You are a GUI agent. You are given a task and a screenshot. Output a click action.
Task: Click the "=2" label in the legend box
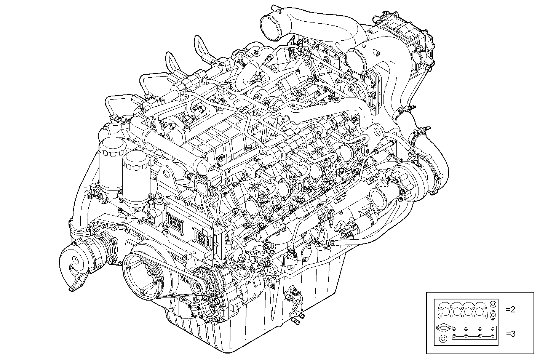click(x=510, y=310)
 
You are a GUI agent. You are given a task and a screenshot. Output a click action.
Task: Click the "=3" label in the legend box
click(x=511, y=334)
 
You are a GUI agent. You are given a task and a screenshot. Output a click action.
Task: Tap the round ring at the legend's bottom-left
click(x=443, y=339)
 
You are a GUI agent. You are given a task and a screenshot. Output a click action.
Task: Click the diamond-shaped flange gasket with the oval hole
click(x=493, y=315)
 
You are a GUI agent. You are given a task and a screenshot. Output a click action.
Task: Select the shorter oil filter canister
click(x=134, y=175)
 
